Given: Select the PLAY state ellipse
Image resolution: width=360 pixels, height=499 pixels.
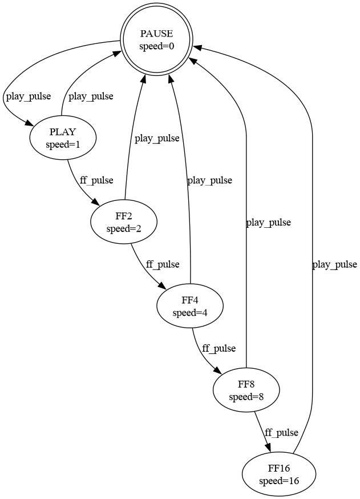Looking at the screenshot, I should (x=63, y=138).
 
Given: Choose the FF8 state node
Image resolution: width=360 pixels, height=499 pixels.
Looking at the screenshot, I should (x=246, y=390).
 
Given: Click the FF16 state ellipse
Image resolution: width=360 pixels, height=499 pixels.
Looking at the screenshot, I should (x=279, y=474).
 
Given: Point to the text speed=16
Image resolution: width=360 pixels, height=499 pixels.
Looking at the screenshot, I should (x=279, y=481).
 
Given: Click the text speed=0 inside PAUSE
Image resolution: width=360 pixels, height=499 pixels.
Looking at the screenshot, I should (x=156, y=46).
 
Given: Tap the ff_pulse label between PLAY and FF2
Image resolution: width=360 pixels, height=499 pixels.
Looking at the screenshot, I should (x=96, y=180).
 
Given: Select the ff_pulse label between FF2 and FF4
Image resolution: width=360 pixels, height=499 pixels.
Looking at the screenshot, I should (x=163, y=264).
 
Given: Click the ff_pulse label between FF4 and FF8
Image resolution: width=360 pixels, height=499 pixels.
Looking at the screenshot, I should (x=219, y=348).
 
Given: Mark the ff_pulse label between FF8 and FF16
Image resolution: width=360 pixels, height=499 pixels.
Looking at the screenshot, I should (x=281, y=432).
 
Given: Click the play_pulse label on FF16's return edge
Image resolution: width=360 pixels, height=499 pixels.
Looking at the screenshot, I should (x=335, y=264).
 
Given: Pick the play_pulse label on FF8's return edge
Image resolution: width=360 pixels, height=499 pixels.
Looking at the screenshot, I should (x=268, y=223).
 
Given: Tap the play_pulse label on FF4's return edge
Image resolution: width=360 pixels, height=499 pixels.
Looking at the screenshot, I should (x=210, y=180).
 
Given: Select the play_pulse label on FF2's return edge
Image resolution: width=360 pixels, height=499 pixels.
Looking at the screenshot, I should (x=157, y=138).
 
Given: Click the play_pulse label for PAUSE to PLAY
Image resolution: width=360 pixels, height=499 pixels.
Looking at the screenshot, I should (x=28, y=96).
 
